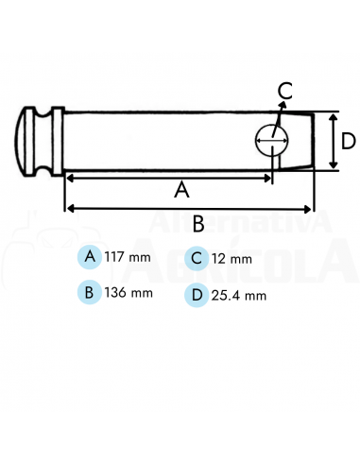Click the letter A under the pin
click(182, 189)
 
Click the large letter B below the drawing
click(198, 224)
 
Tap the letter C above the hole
click(285, 92)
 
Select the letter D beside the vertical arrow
click(348, 141)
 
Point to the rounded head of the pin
click(27, 141)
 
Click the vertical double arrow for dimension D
click(333, 141)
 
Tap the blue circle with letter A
click(90, 257)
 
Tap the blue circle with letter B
click(90, 292)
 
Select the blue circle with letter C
click(197, 257)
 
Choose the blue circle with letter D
click(197, 294)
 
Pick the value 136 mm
click(129, 293)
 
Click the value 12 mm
click(231, 258)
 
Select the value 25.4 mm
click(239, 295)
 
